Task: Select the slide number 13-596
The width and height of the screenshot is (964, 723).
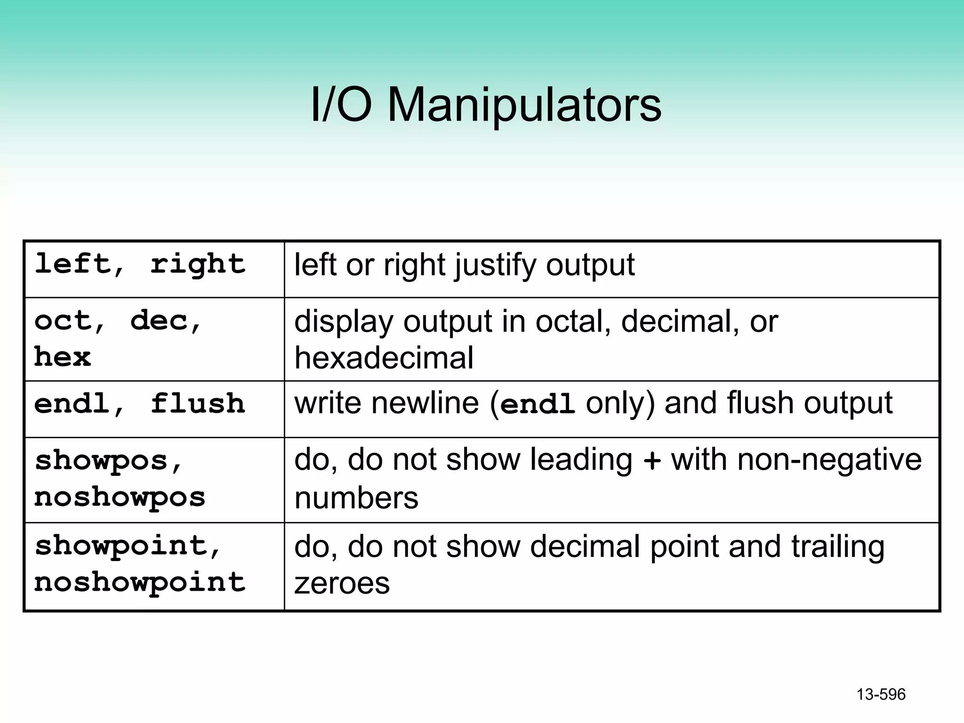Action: pos(881,694)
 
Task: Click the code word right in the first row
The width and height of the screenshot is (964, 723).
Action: pos(198,264)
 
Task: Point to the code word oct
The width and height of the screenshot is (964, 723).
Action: pos(64,321)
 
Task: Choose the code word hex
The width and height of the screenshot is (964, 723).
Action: pos(63,357)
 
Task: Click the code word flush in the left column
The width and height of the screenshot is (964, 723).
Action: pos(198,404)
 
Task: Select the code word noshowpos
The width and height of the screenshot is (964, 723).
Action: pos(120,497)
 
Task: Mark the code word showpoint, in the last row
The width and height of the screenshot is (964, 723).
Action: pos(127,546)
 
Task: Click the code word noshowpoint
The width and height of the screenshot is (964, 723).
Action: pos(140,583)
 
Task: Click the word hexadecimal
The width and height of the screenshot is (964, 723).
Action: pos(384,358)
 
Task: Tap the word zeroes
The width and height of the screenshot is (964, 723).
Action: pos(342,583)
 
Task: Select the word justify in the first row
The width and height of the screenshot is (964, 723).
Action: pos(495,265)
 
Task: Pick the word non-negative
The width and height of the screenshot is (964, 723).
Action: pos(829,459)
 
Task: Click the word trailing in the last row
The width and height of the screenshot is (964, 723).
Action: pos(837,547)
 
